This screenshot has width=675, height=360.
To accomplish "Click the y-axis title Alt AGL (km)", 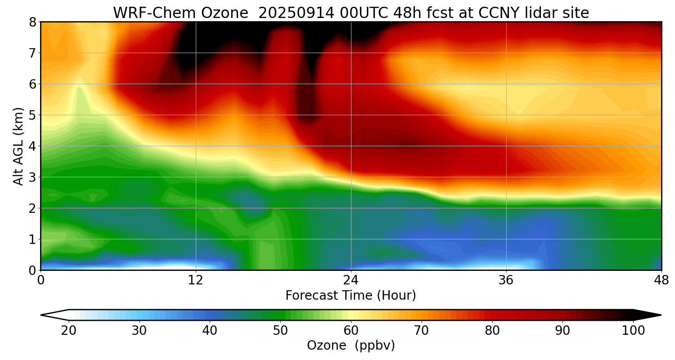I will point(18,146).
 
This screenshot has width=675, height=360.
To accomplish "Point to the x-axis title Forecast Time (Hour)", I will point(351,296).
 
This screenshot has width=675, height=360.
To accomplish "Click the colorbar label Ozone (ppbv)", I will point(351,345).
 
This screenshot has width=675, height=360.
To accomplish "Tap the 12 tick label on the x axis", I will point(196,280).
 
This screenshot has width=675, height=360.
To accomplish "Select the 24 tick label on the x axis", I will point(351,280).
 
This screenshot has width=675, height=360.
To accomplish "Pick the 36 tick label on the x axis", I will point(506,280).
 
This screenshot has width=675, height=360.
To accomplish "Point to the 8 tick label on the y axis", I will point(32,22).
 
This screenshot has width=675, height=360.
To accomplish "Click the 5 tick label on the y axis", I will point(32,115).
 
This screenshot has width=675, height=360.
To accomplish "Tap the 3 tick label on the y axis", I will point(32,177).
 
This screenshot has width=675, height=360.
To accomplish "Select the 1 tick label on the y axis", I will point(32,239).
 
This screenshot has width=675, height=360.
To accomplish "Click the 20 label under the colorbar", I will point(69,331).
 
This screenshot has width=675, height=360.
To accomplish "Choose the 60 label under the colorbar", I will point(351,331).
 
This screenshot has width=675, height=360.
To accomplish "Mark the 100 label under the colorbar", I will point(633,331).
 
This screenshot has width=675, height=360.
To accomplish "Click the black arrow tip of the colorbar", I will point(648,315).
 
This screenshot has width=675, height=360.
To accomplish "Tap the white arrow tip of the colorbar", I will point(54,315).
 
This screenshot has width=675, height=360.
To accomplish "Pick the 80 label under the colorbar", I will point(492,331).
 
